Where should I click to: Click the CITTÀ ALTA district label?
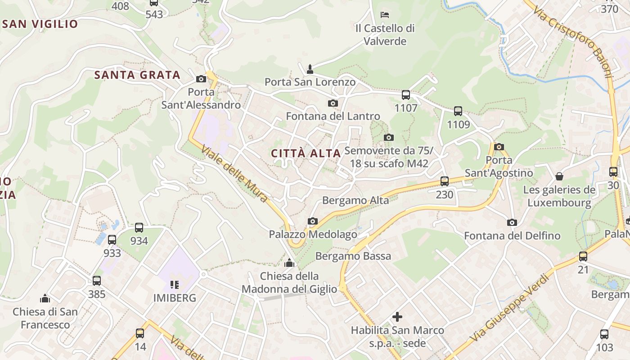click(306, 153)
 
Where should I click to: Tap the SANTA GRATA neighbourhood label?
click(137, 75)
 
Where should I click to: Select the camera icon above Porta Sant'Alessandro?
click(201, 79)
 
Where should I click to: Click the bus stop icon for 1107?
click(405, 94)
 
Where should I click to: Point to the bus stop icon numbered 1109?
click(458, 111)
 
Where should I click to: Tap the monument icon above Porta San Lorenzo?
click(310, 69)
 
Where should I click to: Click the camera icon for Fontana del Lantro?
click(333, 103)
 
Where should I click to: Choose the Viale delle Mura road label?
click(234, 173)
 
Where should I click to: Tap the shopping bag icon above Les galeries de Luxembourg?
click(559, 176)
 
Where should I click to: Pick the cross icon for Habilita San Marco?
click(397, 317)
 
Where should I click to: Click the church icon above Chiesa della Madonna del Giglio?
click(289, 262)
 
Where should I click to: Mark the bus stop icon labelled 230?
click(445, 181)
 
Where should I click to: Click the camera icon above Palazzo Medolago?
click(313, 221)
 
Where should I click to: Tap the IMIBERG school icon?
click(175, 284)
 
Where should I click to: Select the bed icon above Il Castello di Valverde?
click(384, 14)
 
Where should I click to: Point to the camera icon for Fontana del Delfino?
click(512, 222)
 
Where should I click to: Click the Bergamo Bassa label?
click(353, 256)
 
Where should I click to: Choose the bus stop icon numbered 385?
click(97, 281)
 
